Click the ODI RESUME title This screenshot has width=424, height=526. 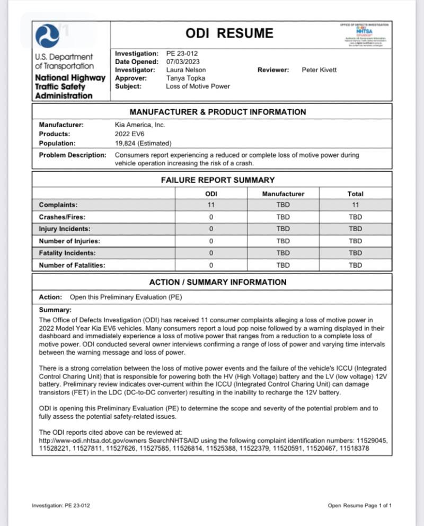229,34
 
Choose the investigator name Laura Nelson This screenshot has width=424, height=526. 185,70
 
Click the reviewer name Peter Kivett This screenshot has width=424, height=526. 319,70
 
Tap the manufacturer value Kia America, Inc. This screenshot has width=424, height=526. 140,125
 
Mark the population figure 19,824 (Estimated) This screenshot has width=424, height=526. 143,143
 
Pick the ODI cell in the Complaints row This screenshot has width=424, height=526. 210,205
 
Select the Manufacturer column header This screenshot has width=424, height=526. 283,194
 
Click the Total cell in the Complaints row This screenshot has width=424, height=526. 355,205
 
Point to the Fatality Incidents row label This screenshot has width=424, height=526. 67,253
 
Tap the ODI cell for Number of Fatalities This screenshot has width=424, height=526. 210,265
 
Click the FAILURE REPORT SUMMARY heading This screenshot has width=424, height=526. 218,180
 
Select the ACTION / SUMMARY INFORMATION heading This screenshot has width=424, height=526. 217,283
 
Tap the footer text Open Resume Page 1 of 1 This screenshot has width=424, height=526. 360,505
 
